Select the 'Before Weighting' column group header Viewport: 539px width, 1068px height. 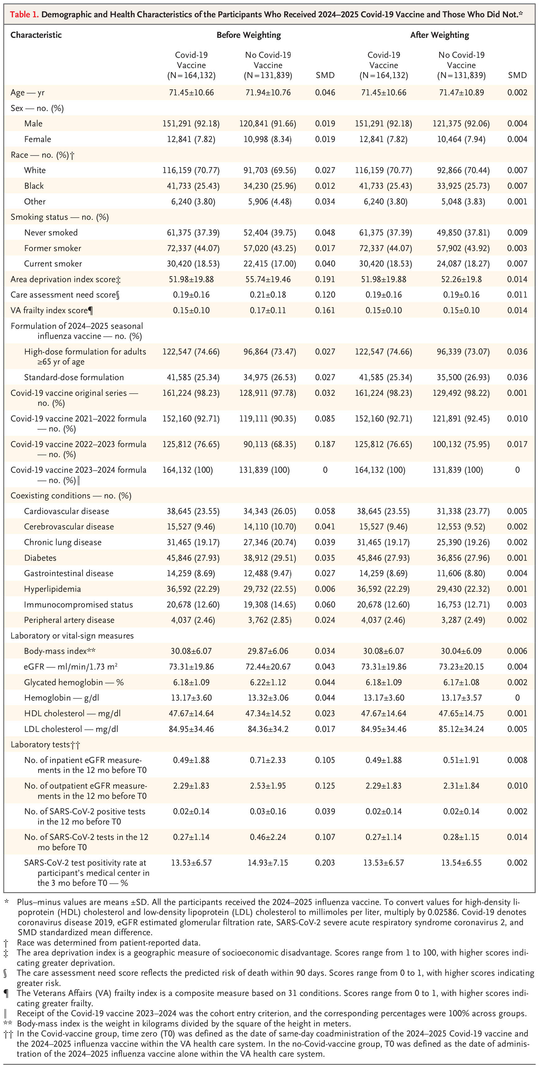click(x=249, y=35)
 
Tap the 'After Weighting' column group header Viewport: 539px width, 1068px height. click(x=440, y=35)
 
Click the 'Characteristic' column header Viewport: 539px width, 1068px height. click(x=36, y=35)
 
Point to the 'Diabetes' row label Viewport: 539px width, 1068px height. click(x=40, y=558)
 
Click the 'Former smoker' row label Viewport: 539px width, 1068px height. click(x=53, y=248)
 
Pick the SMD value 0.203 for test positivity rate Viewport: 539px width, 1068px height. click(x=325, y=863)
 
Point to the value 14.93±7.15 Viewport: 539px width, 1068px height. click(x=268, y=863)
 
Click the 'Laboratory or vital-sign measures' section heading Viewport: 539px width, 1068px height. click(x=72, y=636)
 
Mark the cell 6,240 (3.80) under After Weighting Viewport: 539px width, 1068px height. click(x=383, y=202)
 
